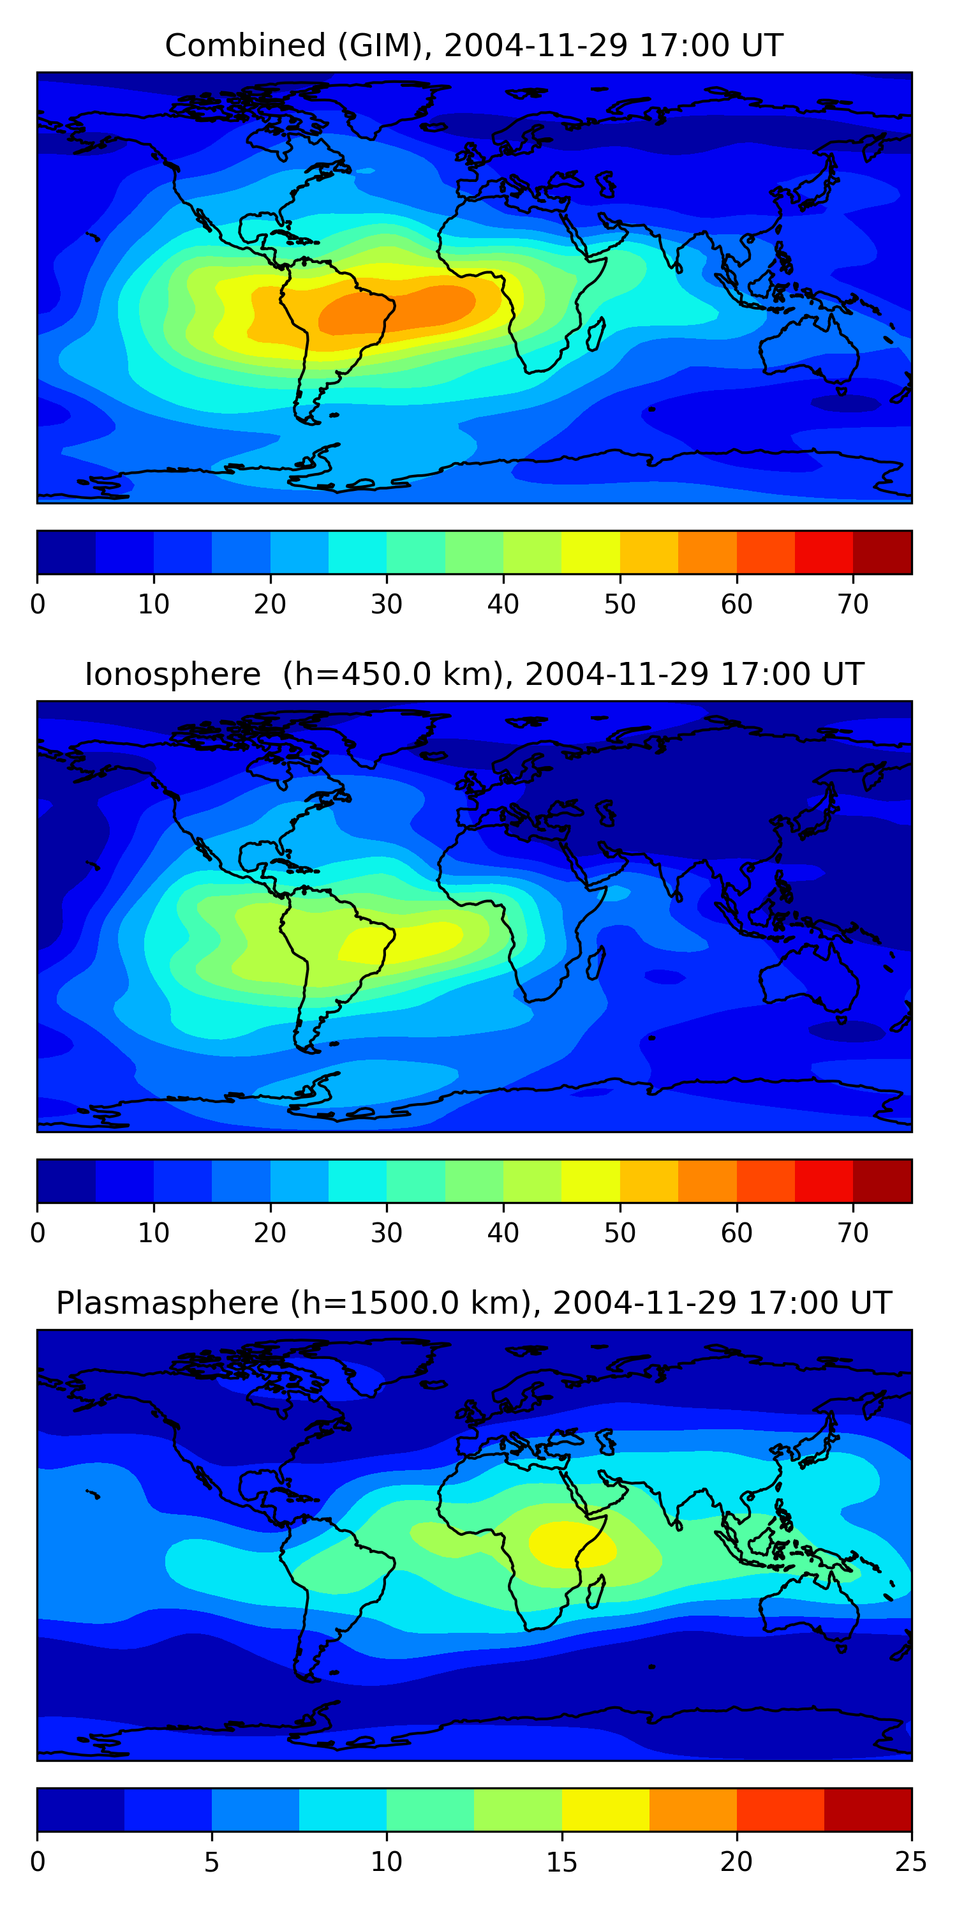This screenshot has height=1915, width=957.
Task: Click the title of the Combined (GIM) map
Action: [x=473, y=45]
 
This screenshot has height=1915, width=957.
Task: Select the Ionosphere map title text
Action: [x=473, y=674]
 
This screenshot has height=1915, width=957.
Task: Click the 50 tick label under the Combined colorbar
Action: [x=619, y=605]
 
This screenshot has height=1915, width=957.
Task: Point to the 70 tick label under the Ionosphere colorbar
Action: [x=853, y=1233]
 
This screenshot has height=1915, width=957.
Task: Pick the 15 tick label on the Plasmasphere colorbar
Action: [x=561, y=1862]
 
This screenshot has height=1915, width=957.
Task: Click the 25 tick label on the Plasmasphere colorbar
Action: [x=911, y=1862]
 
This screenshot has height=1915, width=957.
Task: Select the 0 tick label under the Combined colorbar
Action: [x=38, y=605]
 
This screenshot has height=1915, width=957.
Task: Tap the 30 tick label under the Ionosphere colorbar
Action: [x=387, y=1233]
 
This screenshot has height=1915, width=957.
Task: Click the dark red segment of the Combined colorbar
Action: [x=882, y=552]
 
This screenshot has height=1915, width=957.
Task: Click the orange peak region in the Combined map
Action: [x=401, y=308]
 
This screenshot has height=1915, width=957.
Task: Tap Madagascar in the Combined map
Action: [x=596, y=334]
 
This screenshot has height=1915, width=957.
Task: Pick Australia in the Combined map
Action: [x=810, y=349]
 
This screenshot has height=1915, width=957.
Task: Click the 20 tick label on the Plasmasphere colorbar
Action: [x=736, y=1862]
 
